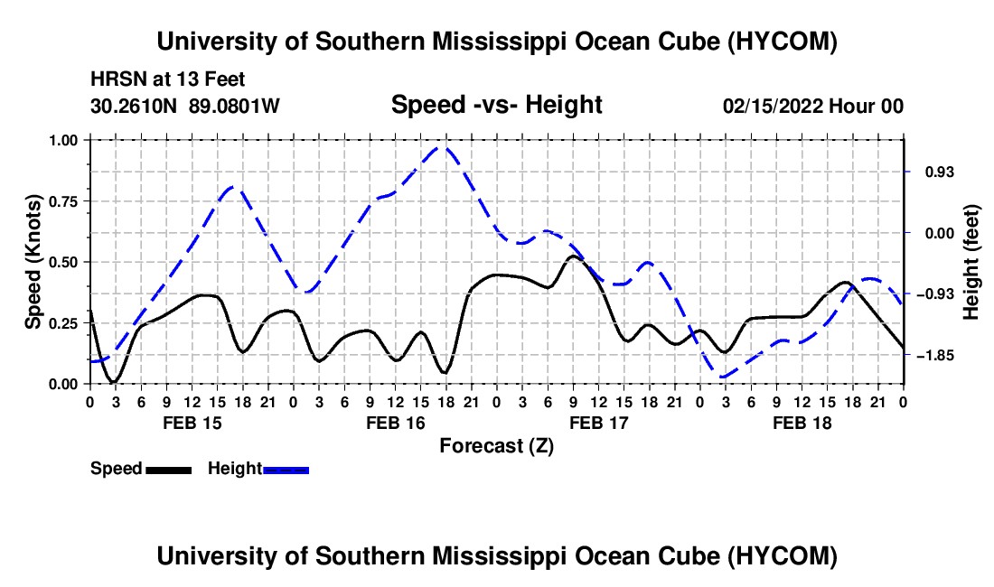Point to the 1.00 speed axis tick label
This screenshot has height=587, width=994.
pyautogui.click(x=62, y=140)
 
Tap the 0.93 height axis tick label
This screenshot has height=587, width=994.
pyautogui.click(x=940, y=172)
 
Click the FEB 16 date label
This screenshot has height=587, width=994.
pyautogui.click(x=396, y=423)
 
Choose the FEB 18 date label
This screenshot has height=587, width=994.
pyautogui.click(x=802, y=423)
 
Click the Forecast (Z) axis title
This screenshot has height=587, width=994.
pyautogui.click(x=497, y=446)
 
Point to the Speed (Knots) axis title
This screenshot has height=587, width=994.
pyautogui.click(x=33, y=262)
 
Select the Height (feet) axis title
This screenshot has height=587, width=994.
pyautogui.click(x=971, y=262)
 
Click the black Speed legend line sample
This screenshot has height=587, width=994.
pyautogui.click(x=169, y=470)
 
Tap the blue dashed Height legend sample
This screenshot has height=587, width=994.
pyautogui.click(x=286, y=470)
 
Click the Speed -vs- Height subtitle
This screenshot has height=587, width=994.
pyautogui.click(x=497, y=105)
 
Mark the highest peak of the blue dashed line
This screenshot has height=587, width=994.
pyautogui.click(x=444, y=148)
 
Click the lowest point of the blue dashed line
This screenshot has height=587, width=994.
pyautogui.click(x=723, y=377)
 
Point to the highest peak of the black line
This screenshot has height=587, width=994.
pyautogui.click(x=573, y=256)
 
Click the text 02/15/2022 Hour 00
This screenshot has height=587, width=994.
pyautogui.click(x=813, y=106)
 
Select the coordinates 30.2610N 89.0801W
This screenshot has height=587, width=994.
pyautogui.click(x=185, y=106)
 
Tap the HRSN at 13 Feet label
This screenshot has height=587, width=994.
pyautogui.click(x=168, y=79)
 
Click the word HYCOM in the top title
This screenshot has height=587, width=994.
pyautogui.click(x=783, y=42)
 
